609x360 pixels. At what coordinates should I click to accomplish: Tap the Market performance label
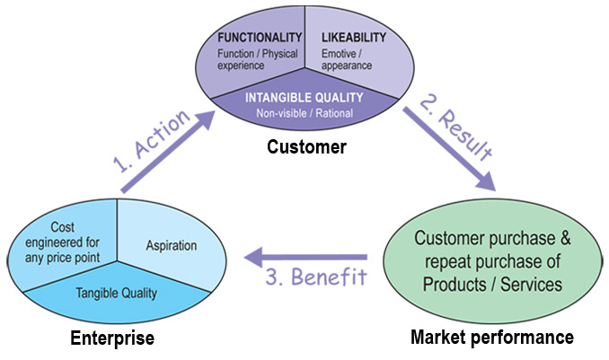pyautogui.click(x=491, y=338)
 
